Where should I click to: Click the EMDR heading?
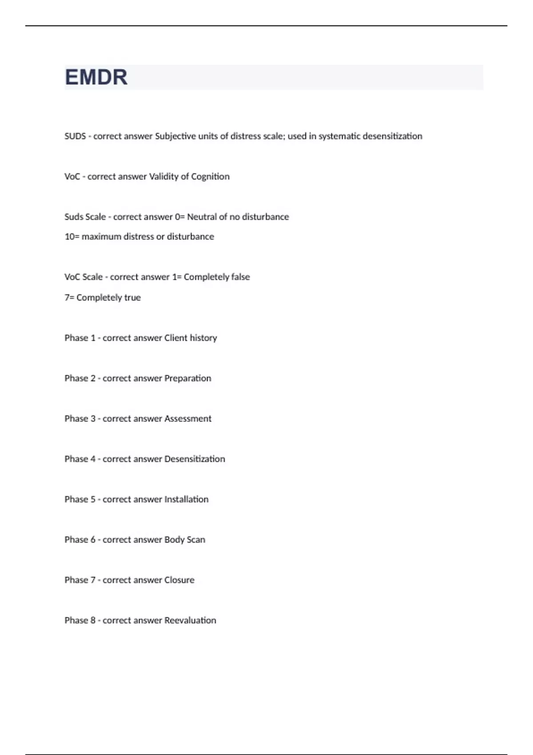(96, 77)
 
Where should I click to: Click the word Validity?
(163, 177)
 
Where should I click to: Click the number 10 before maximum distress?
(69, 237)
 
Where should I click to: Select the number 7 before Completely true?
(67, 298)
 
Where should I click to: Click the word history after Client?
(203, 338)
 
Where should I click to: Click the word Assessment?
(187, 419)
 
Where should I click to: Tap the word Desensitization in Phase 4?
(195, 459)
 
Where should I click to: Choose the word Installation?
(186, 500)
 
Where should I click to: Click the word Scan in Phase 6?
(196, 540)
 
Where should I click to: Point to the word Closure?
(179, 580)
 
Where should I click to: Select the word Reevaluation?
(190, 620)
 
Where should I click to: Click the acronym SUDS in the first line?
(75, 136)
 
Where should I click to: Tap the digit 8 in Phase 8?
(93, 620)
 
